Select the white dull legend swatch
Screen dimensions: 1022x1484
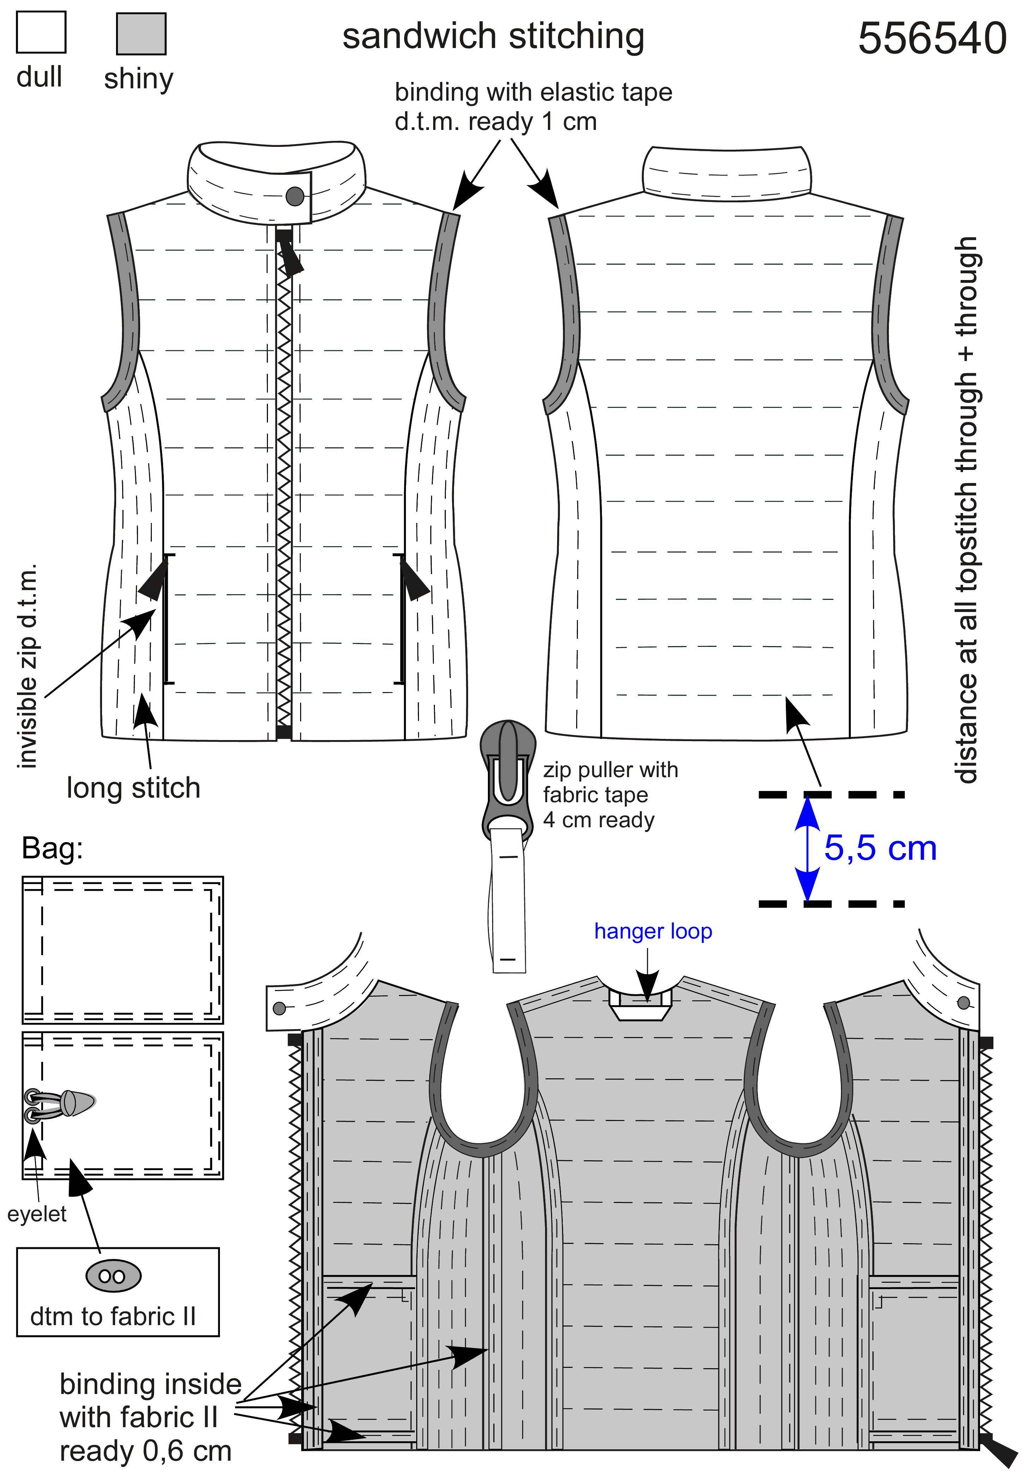click(41, 32)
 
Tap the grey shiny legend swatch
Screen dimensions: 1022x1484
click(141, 33)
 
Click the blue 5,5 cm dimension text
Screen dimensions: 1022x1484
click(880, 849)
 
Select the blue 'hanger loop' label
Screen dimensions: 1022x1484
click(653, 931)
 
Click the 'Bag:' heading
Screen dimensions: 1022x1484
click(53, 849)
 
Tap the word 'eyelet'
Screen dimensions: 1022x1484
click(37, 1214)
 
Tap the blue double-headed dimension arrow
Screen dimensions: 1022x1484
click(808, 849)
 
